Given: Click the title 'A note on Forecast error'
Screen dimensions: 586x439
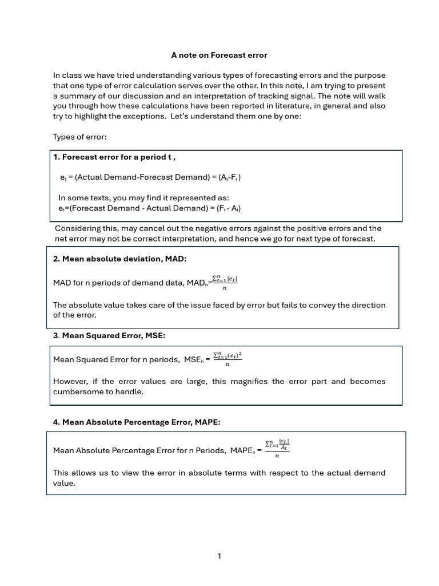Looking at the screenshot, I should pyautogui.click(x=219, y=56).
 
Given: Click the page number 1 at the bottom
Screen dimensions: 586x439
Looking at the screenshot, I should pyautogui.click(x=219, y=556).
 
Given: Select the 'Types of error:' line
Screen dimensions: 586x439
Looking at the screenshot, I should pyautogui.click(x=79, y=137).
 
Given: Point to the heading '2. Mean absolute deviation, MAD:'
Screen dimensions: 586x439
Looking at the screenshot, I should pyautogui.click(x=119, y=259).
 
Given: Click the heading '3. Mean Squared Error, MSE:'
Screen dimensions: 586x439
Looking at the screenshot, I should pyautogui.click(x=109, y=335).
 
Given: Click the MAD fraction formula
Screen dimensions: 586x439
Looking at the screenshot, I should pyautogui.click(x=225, y=283).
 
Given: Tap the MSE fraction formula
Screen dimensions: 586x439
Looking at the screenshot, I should pyautogui.click(x=228, y=359).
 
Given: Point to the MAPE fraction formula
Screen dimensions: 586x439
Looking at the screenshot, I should pyautogui.click(x=277, y=448).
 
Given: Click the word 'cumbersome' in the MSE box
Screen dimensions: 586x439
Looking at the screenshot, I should pyautogui.click(x=77, y=392).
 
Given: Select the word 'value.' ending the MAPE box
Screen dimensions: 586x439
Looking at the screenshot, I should pyautogui.click(x=64, y=483).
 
